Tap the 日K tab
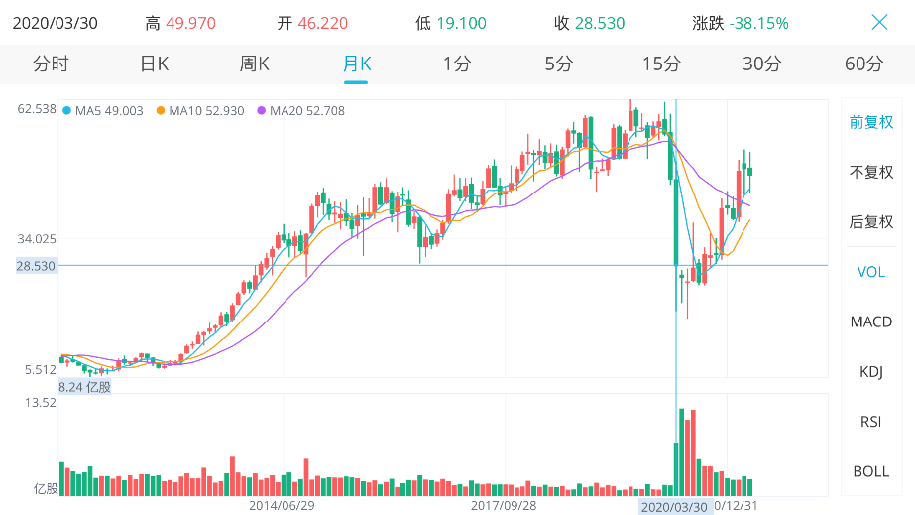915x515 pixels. pos(155,64)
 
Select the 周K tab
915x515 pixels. pos(255,64)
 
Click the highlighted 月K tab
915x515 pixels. pos(357,64)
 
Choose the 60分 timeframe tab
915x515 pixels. pos(863,64)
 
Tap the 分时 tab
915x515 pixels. pos(51,64)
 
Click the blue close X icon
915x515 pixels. pos(879,22)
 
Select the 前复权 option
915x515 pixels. pos(871,122)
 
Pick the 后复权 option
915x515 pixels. pos(871,222)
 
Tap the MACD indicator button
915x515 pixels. pos(871,322)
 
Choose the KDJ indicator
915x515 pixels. pos(871,372)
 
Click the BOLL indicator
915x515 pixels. pos(871,471)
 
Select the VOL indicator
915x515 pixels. pos(871,272)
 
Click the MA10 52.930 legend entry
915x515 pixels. pos(200,111)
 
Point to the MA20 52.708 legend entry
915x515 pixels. pos(301,111)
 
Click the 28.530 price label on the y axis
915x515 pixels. pos(36,266)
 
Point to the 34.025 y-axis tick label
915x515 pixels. pos(37,239)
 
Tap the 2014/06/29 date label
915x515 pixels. pos(282,506)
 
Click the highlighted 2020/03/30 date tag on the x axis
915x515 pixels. pos(674,507)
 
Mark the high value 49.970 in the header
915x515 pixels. pos(190,24)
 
